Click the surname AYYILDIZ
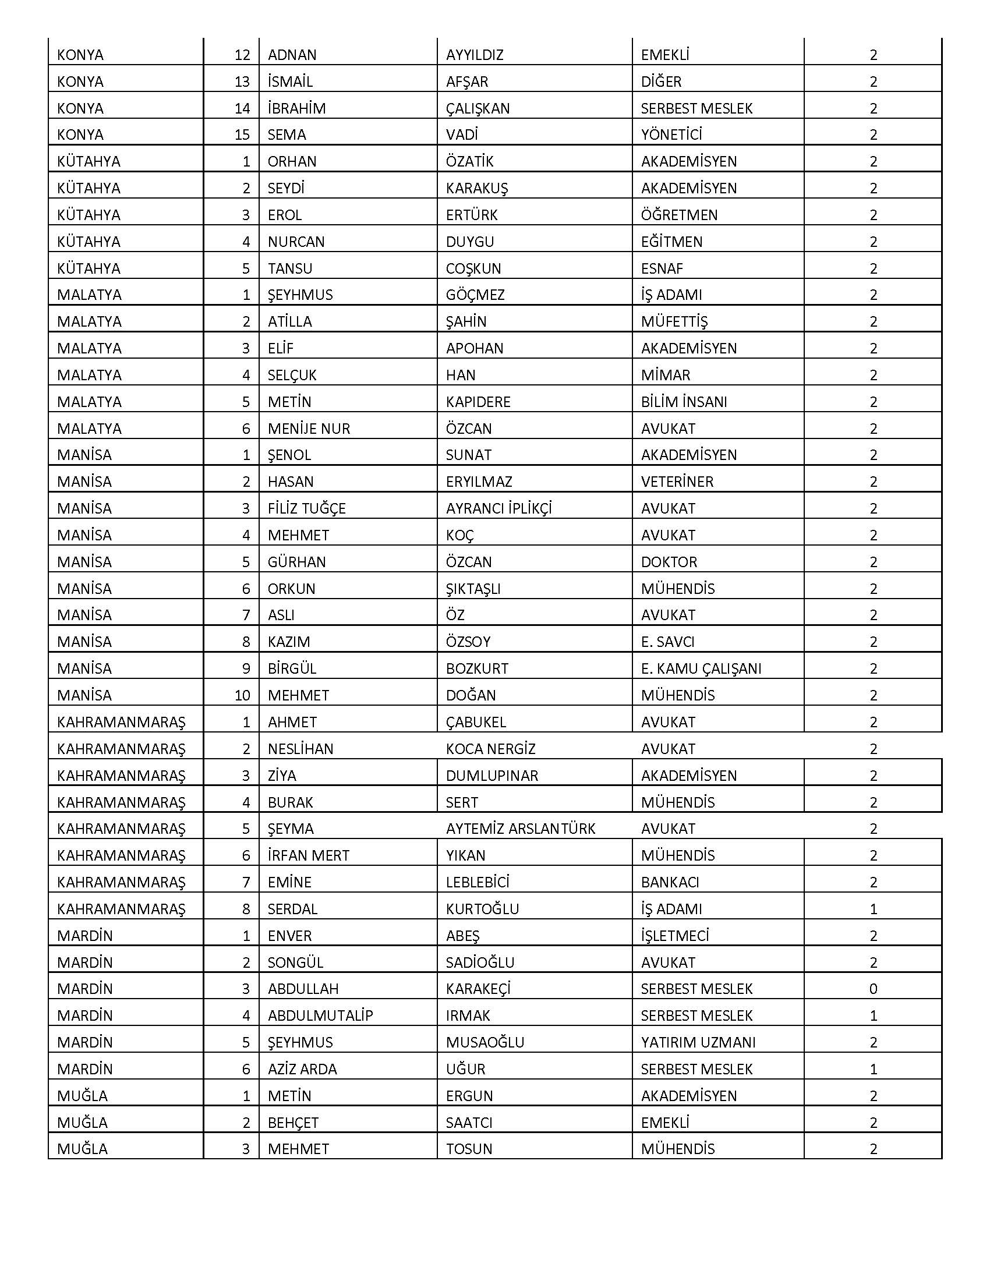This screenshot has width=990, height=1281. [475, 55]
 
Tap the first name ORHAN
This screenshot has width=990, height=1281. [292, 161]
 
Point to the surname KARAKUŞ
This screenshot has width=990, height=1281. [477, 188]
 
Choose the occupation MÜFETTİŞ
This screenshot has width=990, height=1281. [674, 321]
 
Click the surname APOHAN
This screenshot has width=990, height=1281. [475, 348]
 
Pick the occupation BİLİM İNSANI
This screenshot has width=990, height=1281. [684, 402]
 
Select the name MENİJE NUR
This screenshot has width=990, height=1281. [309, 429]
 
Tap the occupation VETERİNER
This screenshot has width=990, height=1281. [677, 482]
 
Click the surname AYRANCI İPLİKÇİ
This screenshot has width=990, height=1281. [498, 508]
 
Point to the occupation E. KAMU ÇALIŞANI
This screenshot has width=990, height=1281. [701, 668]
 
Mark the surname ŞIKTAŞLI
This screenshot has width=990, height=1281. [473, 588]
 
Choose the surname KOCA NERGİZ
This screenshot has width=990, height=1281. [490, 749]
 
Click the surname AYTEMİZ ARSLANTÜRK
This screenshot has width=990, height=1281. [520, 829]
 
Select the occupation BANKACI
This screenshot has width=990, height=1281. [670, 882]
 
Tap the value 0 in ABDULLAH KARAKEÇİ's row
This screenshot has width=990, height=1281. [873, 989]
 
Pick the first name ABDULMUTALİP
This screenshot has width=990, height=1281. [320, 1015]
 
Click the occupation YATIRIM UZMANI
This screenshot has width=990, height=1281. [698, 1042]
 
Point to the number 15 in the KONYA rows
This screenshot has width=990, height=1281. [242, 135]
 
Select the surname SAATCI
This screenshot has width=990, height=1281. [469, 1123]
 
